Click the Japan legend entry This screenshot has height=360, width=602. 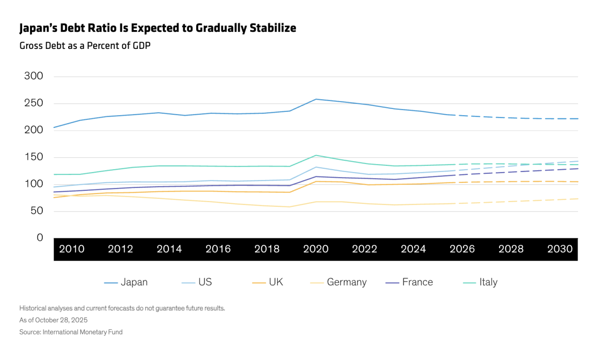(x=126, y=282)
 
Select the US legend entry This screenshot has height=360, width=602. (x=197, y=282)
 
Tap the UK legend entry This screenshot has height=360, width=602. (x=268, y=282)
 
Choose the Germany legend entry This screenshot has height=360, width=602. (x=338, y=282)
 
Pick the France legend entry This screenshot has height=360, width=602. (x=409, y=282)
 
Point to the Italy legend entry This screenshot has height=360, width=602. (x=480, y=282)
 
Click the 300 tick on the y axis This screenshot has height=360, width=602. (x=33, y=76)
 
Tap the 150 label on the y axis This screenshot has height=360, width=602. (x=33, y=157)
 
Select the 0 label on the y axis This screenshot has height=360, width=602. (x=40, y=237)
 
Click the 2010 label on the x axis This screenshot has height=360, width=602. (x=72, y=249)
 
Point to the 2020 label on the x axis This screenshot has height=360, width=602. (x=316, y=249)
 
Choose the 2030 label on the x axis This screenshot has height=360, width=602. (x=560, y=249)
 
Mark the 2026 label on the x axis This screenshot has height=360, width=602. (x=462, y=249)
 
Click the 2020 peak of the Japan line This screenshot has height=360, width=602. (x=316, y=99)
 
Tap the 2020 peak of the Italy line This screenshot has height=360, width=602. (x=316, y=155)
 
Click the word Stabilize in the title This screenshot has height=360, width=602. (x=273, y=28)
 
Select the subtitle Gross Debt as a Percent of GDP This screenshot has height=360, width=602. (x=85, y=46)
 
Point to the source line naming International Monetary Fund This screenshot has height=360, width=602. (x=71, y=332)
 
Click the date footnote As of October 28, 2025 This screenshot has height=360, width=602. (x=54, y=320)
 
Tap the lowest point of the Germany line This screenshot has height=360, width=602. (x=289, y=207)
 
